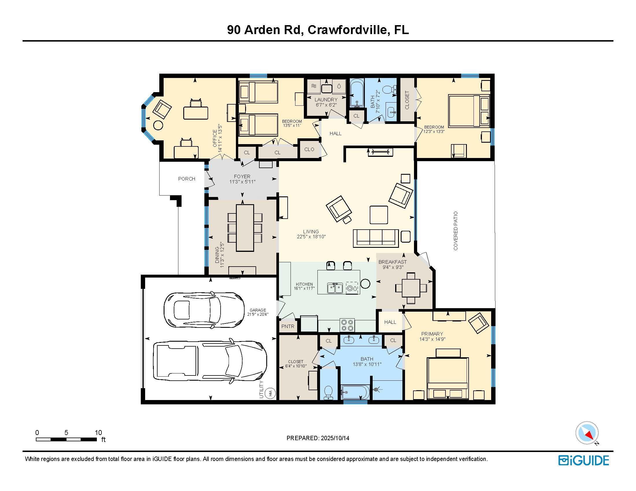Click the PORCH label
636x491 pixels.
click(187, 179)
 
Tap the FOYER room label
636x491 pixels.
click(242, 176)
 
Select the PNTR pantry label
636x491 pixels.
click(288, 326)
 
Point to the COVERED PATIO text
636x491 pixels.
click(456, 231)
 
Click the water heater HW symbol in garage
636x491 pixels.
click(271, 394)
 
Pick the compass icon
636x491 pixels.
click(587, 433)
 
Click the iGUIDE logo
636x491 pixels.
click(583, 460)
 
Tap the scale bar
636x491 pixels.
click(66, 440)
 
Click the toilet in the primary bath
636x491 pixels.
click(328, 393)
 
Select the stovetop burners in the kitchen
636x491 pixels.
click(347, 325)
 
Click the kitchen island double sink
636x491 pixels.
click(335, 288)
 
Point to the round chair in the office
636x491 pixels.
click(158, 125)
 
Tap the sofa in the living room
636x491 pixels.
click(376, 238)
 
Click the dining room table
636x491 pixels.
click(245, 228)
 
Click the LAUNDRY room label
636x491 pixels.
click(326, 100)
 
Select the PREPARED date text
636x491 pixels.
click(318, 438)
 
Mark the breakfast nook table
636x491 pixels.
click(411, 288)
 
